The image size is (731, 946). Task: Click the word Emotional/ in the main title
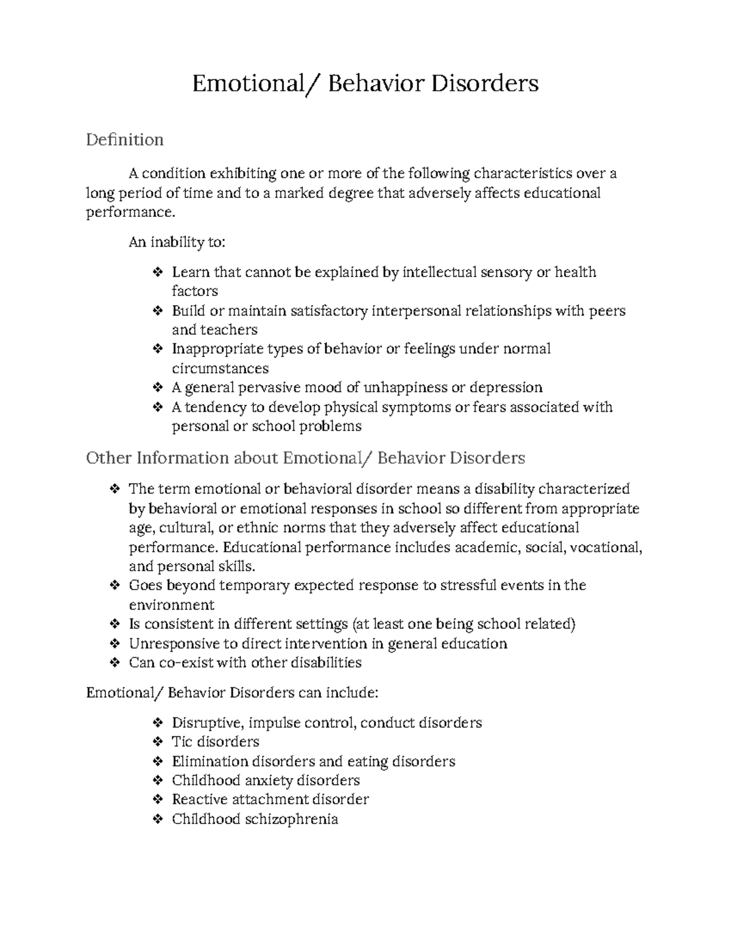point(255,83)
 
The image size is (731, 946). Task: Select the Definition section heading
point(125,140)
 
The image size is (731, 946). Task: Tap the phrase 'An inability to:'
point(177,242)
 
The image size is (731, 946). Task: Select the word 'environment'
point(171,605)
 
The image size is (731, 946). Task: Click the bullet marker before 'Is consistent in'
point(115,624)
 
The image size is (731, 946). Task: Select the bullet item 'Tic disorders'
point(215,742)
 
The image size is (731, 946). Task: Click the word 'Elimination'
point(210,761)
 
